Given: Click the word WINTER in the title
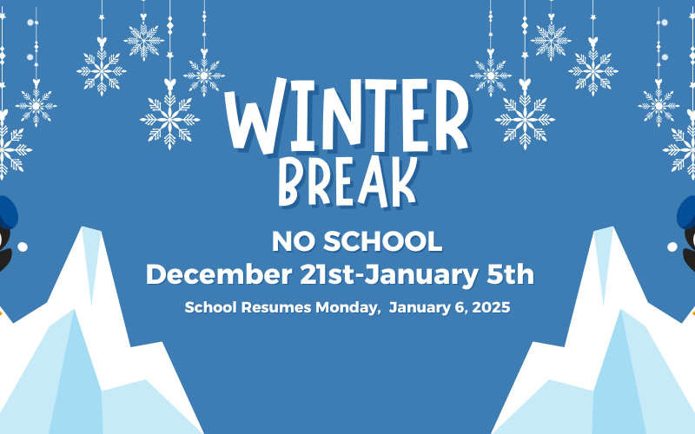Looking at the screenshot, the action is point(347,116).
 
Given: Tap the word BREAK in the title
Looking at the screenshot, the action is point(348,182).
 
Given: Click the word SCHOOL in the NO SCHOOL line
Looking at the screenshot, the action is point(382,242).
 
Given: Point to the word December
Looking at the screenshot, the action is point(219,274).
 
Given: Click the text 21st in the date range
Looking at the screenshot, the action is point(328,274).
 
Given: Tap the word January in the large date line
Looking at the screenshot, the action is point(421,275).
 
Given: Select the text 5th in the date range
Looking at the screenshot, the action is point(510,274).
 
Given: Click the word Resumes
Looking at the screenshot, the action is point(276,307).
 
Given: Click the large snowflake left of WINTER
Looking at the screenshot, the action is point(169,118).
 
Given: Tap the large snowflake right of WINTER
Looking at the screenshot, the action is point(525,118).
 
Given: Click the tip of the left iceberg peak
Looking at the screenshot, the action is point(83,227).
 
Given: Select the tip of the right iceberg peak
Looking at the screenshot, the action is point(612,227).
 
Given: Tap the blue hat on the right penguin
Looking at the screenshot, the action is point(686,213).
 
